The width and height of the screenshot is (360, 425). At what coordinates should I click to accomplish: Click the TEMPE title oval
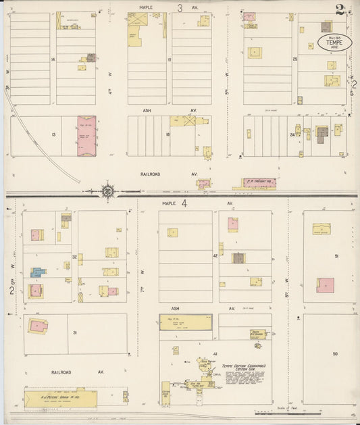(334, 45)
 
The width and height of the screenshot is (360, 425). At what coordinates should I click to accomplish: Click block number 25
(295, 59)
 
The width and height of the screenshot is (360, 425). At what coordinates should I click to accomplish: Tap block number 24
(292, 134)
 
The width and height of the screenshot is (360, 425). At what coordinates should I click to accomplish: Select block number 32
(74, 257)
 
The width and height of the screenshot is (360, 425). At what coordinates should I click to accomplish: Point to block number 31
(75, 332)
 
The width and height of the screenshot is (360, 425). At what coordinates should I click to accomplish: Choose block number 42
(215, 256)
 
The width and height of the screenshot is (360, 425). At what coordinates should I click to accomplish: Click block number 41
(215, 353)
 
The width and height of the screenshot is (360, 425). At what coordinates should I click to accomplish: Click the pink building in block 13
(86, 135)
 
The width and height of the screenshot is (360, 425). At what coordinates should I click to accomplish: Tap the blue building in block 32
(37, 272)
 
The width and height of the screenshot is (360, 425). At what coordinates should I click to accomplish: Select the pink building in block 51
(326, 285)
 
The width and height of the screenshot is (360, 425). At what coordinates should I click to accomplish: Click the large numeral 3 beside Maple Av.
(180, 8)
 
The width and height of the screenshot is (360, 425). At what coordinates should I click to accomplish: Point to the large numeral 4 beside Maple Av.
(183, 202)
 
